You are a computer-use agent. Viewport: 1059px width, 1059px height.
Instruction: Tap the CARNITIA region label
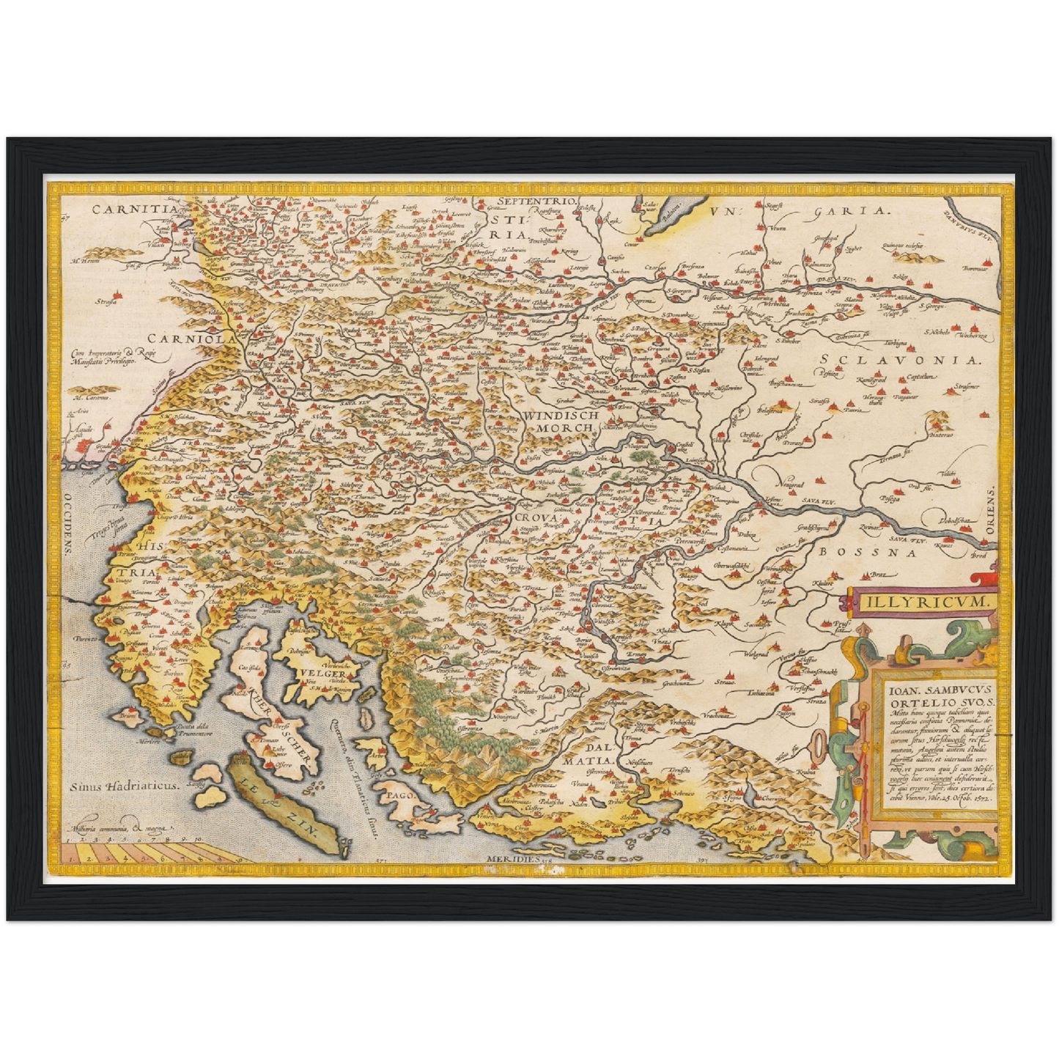[x=134, y=209]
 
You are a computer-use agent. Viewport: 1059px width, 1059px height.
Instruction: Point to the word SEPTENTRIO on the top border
[x=537, y=201]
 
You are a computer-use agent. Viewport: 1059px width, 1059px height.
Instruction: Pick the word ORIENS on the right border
[x=990, y=511]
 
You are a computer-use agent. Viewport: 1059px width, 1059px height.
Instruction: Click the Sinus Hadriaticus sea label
[x=125, y=785]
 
